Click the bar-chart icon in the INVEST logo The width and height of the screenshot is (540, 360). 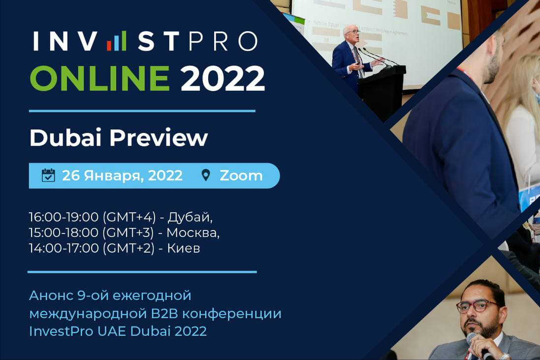point(117,41)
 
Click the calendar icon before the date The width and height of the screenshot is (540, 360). point(48,175)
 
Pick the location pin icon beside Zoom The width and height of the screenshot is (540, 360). point(206,175)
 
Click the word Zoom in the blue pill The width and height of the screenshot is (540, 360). point(241,175)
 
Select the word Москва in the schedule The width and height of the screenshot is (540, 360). point(193,232)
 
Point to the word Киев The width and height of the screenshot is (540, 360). point(183,248)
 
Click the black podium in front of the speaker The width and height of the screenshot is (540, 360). point(381,89)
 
